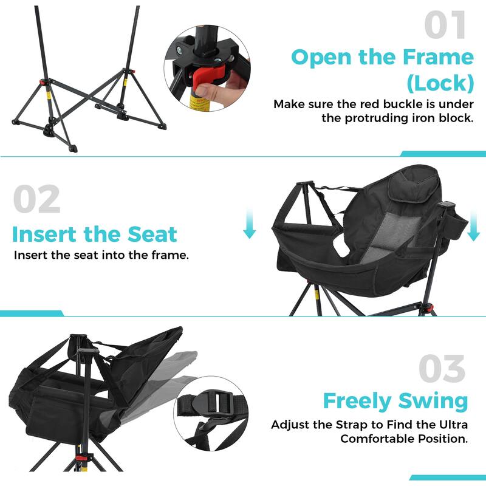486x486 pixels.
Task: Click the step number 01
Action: point(445,27)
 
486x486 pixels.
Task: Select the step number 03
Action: point(442,369)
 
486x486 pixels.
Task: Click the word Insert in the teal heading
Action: point(43,234)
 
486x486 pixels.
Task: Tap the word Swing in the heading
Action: point(433,402)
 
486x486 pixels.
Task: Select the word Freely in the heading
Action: point(357,402)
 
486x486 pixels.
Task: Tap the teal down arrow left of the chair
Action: point(249,226)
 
